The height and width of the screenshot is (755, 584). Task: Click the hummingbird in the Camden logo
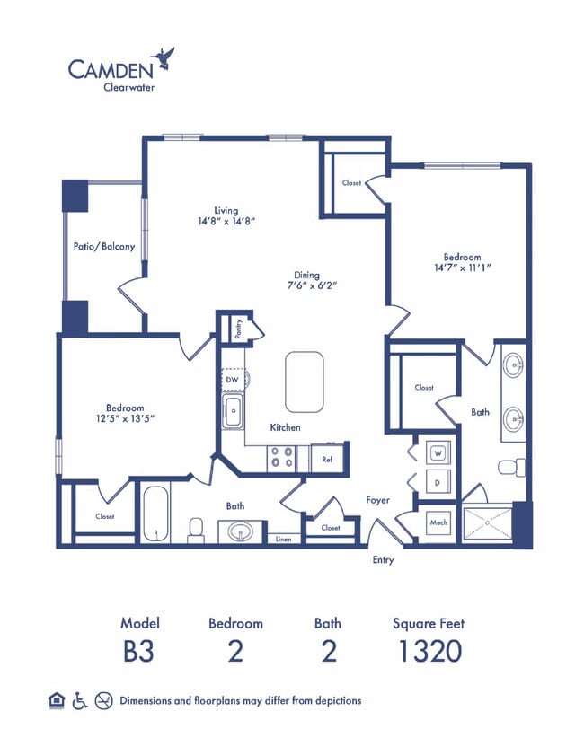pos(164,58)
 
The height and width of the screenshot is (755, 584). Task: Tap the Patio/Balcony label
pos(104,246)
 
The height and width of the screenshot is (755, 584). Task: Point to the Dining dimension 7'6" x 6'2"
pos(305,286)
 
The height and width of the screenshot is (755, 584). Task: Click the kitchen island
pos(305,382)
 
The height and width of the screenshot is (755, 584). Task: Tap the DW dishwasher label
pos(232,380)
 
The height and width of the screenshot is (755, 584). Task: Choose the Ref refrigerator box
pos(328,459)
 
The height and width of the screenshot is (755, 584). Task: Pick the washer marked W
pos(438,454)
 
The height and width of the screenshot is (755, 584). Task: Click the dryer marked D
pos(438,482)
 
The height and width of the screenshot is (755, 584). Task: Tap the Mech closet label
pos(438,522)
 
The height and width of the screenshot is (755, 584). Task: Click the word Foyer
pos(377,500)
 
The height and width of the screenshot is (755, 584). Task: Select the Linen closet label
pos(283,539)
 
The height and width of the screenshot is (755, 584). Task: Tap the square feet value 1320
pos(429,651)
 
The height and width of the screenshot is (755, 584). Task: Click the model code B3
pos(138,651)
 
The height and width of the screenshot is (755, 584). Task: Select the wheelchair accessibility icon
pos(79,700)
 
